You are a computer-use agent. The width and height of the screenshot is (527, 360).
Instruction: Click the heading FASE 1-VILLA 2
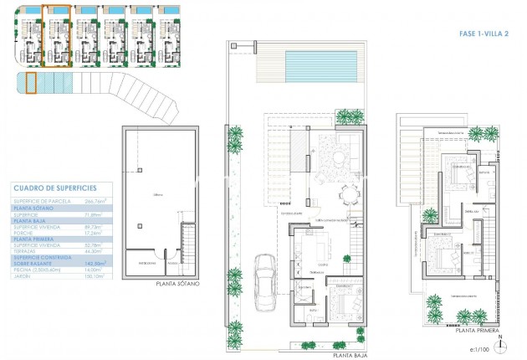(481, 34)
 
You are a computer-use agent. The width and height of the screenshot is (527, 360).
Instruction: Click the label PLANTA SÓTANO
(177, 284)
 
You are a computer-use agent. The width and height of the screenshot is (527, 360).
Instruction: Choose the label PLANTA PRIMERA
(478, 330)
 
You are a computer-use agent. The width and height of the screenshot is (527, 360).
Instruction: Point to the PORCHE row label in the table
(25, 232)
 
